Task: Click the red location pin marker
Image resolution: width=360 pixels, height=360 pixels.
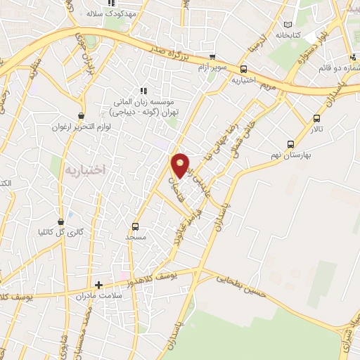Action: click(x=181, y=166)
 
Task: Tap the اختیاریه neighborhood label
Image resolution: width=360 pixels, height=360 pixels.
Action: click(x=84, y=169)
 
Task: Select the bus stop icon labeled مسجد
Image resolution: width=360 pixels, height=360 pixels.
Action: click(x=136, y=226)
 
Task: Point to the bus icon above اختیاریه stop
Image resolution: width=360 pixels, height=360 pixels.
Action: click(x=243, y=69)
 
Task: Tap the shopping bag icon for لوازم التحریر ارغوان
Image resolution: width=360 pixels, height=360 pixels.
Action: click(x=83, y=115)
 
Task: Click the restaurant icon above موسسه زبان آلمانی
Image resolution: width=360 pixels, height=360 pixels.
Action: click(x=144, y=90)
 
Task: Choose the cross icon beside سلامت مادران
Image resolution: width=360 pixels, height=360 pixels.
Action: click(x=99, y=285)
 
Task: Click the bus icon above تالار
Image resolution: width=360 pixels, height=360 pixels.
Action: click(x=316, y=118)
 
